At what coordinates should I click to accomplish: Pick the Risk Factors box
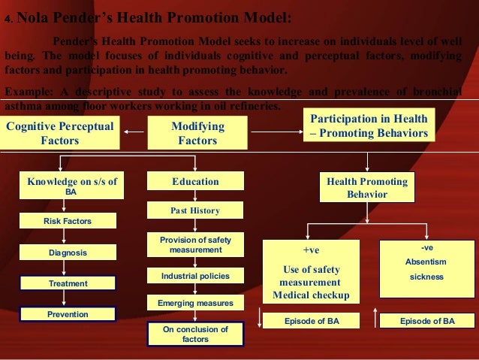click(68, 221)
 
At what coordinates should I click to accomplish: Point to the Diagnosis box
click(68, 253)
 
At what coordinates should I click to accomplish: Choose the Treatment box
click(68, 283)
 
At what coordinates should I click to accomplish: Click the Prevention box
click(68, 314)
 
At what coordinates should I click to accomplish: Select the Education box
click(195, 182)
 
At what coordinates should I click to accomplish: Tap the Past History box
click(195, 210)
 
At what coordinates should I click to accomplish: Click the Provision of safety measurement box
click(195, 245)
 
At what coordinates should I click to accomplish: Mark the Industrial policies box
click(195, 277)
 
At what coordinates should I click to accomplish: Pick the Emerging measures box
click(195, 304)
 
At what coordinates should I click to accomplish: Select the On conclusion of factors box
click(195, 334)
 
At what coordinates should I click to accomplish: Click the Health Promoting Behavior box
click(367, 188)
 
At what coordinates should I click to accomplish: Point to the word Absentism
click(426, 262)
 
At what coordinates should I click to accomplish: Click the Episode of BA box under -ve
click(427, 321)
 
